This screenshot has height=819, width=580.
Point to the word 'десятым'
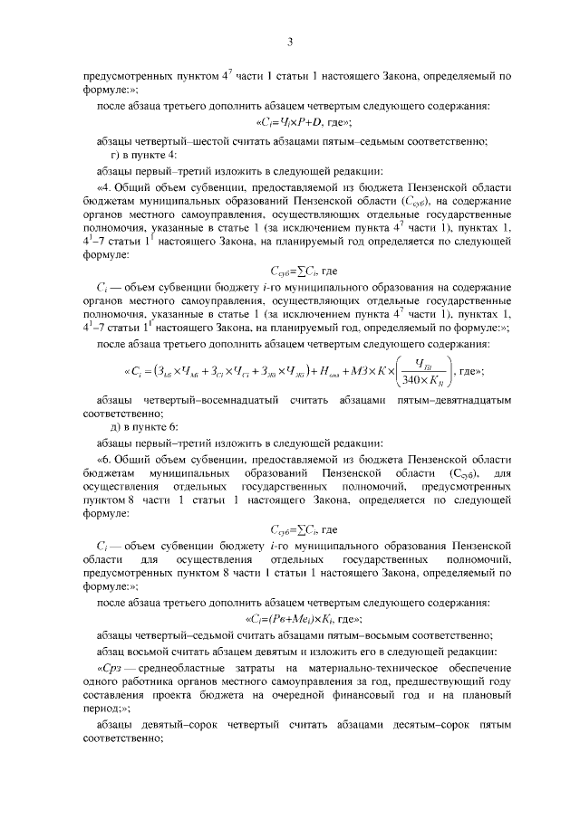[394, 725]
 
